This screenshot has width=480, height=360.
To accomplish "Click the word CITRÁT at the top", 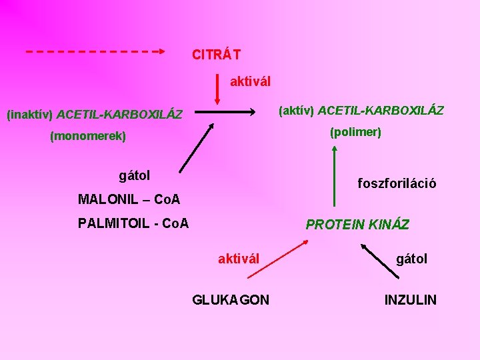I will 216,54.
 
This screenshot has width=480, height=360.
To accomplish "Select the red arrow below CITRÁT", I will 217,88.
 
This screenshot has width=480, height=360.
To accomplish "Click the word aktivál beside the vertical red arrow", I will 250,81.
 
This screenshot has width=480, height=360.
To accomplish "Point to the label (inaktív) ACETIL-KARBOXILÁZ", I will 94,114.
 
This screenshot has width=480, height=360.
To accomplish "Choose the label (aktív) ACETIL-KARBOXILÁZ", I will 361,109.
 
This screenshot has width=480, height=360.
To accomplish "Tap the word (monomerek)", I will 87,137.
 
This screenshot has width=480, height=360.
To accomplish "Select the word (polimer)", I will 355,132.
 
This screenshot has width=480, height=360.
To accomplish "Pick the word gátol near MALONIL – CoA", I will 134,176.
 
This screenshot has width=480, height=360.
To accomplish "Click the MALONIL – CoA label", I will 129,199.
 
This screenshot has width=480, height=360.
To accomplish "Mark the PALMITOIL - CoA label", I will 133,223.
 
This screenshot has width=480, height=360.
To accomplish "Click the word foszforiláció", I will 397,183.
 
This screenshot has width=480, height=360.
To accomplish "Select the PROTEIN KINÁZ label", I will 357,225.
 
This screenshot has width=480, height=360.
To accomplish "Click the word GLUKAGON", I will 231,300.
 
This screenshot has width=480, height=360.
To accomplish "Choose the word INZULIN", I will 411,300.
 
